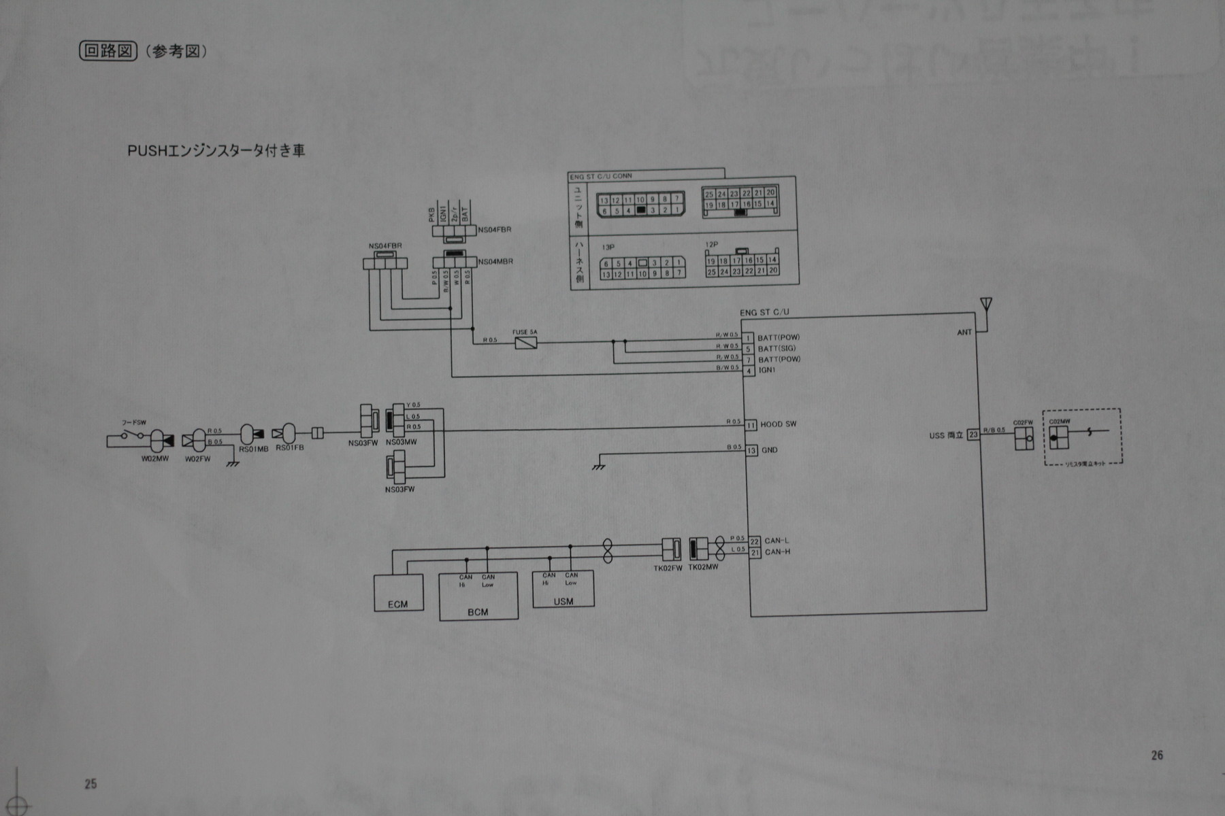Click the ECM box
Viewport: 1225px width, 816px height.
[x=398, y=593]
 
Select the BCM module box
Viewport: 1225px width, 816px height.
[x=478, y=597]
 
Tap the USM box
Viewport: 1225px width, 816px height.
[x=563, y=590]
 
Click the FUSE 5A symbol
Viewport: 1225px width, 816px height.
[x=525, y=343]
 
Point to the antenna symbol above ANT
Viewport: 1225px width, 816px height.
[x=985, y=305]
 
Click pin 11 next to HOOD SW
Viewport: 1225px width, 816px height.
[x=751, y=425]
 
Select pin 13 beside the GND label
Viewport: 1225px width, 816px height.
[x=751, y=450]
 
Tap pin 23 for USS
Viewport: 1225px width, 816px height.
[x=973, y=435]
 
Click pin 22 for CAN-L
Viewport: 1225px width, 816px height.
[x=754, y=541]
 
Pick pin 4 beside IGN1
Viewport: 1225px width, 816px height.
[x=749, y=371]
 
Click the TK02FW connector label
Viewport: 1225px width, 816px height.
[x=667, y=568]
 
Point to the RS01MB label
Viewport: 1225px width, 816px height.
[x=254, y=449]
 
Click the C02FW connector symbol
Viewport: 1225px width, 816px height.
[x=1024, y=439]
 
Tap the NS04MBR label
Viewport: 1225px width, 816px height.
[x=495, y=262]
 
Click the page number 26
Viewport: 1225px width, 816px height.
[x=1157, y=755]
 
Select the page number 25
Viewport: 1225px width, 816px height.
[x=91, y=784]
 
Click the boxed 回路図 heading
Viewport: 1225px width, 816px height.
[x=109, y=51]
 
